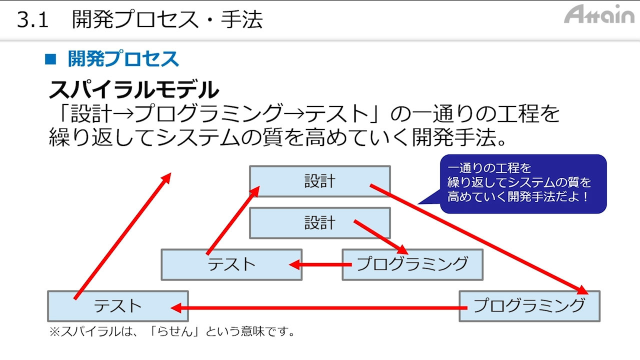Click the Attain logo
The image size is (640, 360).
[x=599, y=14]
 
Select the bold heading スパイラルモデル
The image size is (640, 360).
[x=133, y=90]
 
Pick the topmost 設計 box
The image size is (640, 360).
[x=319, y=181]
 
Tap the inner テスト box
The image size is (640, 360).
[x=231, y=264]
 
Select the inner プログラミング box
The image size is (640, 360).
[x=412, y=264]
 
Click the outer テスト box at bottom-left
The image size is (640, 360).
[x=118, y=306]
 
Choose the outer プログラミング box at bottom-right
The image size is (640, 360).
[x=529, y=305]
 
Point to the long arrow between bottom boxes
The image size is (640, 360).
[x=320, y=307]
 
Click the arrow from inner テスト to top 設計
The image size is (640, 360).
[x=232, y=220]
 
